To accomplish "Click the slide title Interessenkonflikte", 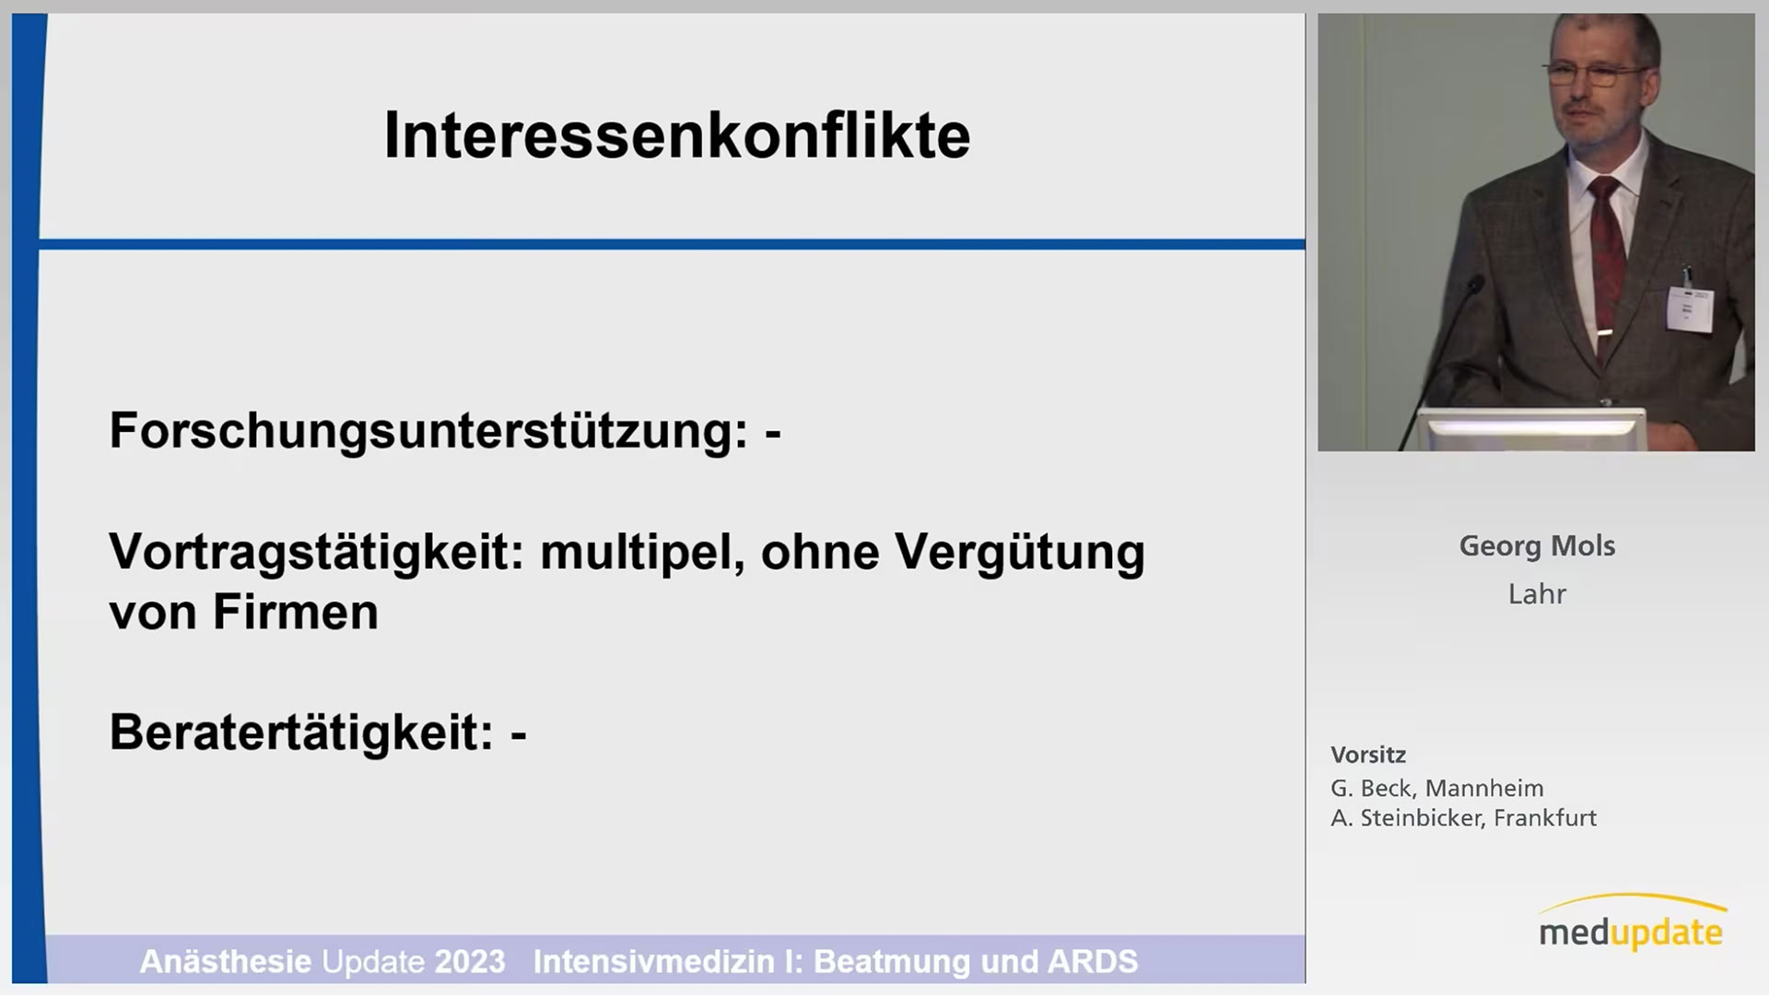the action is pos(677,136).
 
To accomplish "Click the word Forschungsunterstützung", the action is pos(428,430).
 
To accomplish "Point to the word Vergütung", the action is pos(1020,553).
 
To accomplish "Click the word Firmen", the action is pos(296,612).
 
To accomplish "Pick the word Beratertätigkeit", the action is pos(302,732).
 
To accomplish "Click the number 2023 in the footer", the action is pos(470,962).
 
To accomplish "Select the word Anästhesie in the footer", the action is pos(226,962).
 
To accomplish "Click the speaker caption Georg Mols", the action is pos(1537,546).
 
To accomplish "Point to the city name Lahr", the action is pos(1537,594).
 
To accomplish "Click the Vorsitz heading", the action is pos(1368,755).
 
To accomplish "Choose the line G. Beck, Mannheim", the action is pos(1437,789).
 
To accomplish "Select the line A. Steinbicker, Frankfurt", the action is pos(1464,818).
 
